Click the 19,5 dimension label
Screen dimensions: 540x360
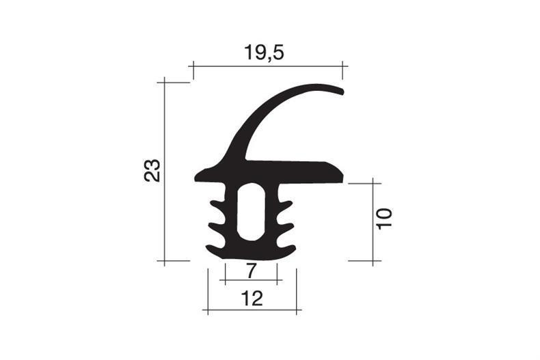(264, 53)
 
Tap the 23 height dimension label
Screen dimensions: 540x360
(152, 170)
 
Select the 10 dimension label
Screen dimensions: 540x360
(384, 219)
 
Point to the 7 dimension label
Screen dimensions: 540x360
(252, 271)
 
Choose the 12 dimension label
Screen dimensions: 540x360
(252, 299)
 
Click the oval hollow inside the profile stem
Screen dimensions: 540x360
(252, 212)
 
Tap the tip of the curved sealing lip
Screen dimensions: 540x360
(342, 92)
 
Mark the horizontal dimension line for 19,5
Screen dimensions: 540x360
(268, 66)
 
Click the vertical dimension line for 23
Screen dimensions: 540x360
(165, 171)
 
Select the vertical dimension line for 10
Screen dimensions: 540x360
(373, 222)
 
